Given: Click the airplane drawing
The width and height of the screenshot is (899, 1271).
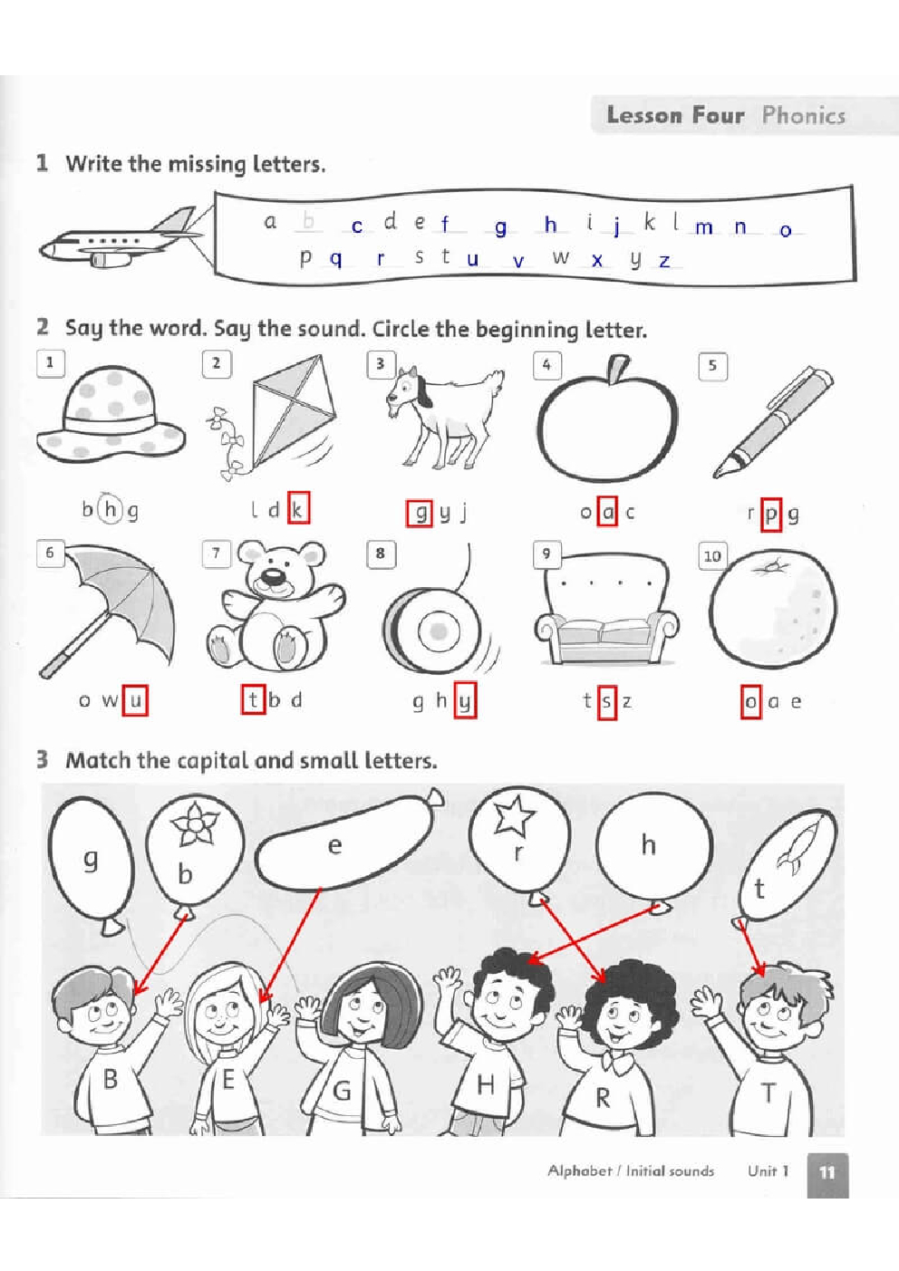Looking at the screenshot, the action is click(x=121, y=239).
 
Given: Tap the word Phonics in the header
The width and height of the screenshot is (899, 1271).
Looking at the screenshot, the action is click(x=803, y=116).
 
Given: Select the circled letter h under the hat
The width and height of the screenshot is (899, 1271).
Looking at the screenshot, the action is click(x=110, y=509).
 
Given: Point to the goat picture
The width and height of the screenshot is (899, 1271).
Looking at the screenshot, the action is click(x=444, y=417).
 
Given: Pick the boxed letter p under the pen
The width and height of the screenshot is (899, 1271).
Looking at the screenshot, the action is click(x=770, y=514).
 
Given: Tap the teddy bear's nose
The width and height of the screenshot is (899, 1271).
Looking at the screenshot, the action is click(x=274, y=578).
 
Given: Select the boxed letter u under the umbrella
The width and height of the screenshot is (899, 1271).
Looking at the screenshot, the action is click(x=135, y=700).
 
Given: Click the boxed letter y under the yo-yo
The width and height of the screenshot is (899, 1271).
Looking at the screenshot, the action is click(x=465, y=701).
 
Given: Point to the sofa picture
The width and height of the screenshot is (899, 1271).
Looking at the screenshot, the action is click(x=606, y=609).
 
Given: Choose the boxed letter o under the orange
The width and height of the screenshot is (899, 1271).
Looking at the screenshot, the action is click(x=750, y=702).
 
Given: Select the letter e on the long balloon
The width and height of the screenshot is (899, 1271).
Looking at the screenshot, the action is click(x=334, y=845).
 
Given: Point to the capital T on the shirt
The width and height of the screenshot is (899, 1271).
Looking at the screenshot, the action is click(x=768, y=1093).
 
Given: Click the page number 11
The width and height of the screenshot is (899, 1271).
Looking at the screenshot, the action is click(x=827, y=1172).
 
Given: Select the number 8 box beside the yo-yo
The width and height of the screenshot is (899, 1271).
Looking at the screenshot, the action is click(x=381, y=553).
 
